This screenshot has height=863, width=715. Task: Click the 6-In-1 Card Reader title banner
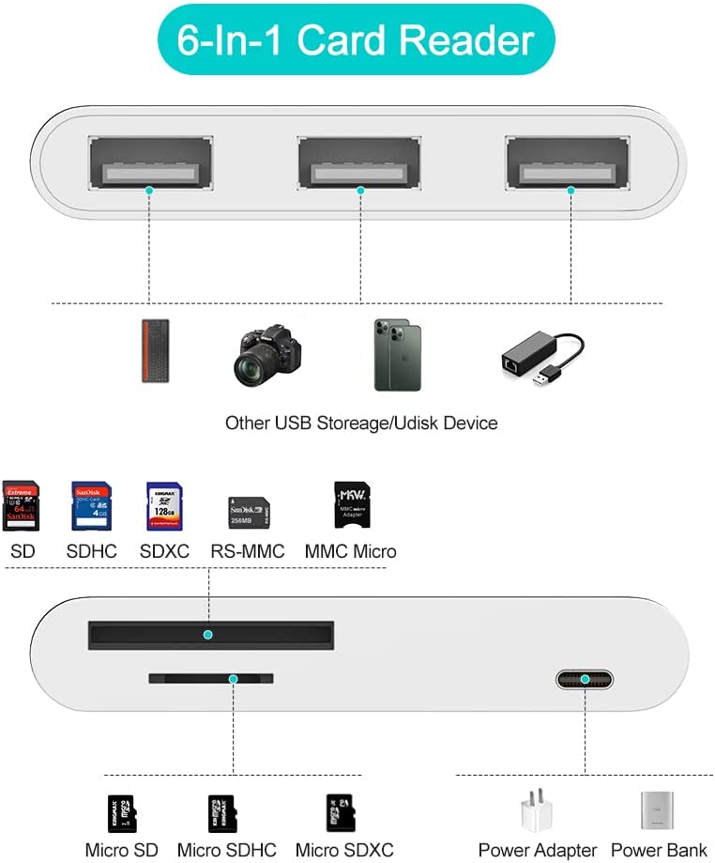(x=356, y=40)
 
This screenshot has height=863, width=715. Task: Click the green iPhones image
(x=398, y=355)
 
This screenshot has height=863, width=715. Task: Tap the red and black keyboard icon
(x=148, y=350)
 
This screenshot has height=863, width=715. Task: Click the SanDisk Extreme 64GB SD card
(x=21, y=506)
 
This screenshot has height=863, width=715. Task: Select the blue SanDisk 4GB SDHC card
(x=91, y=506)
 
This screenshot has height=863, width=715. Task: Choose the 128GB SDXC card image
(x=163, y=507)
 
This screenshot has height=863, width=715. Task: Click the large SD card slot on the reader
(x=209, y=634)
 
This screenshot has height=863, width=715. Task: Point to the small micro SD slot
(x=211, y=677)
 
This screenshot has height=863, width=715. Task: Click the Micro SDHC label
(x=227, y=851)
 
